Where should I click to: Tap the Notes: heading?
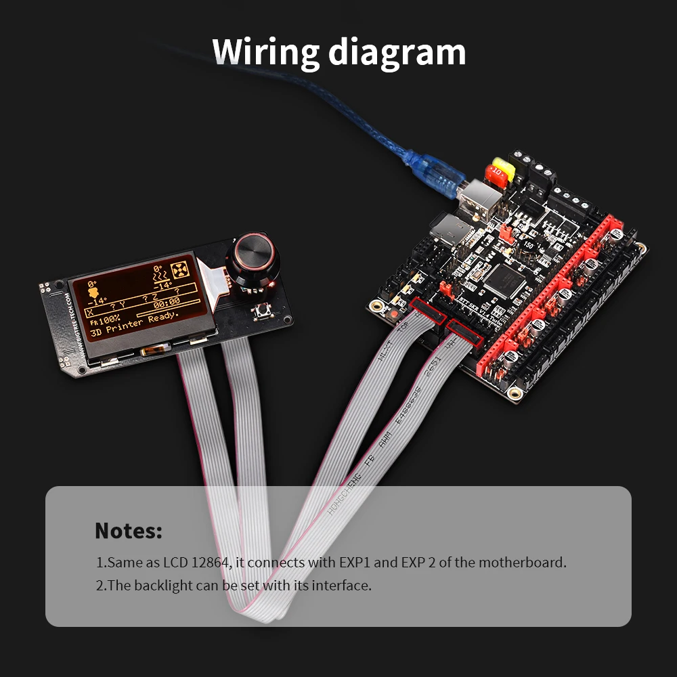[x=129, y=530]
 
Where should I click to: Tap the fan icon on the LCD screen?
[x=180, y=270]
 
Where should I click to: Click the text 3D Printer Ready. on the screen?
[x=136, y=322]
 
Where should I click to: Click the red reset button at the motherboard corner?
[x=392, y=315]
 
